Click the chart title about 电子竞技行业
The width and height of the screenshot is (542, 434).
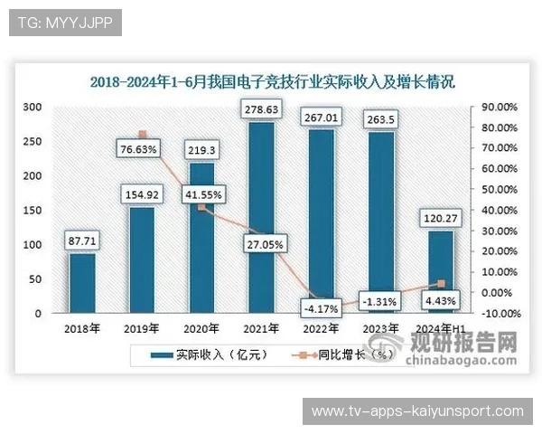click(273, 81)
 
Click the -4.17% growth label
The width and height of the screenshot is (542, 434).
click(322, 308)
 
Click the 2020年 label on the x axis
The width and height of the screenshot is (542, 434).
click(202, 329)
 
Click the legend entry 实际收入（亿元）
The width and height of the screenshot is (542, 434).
click(198, 355)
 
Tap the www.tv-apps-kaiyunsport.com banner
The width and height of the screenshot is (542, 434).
click(416, 411)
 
